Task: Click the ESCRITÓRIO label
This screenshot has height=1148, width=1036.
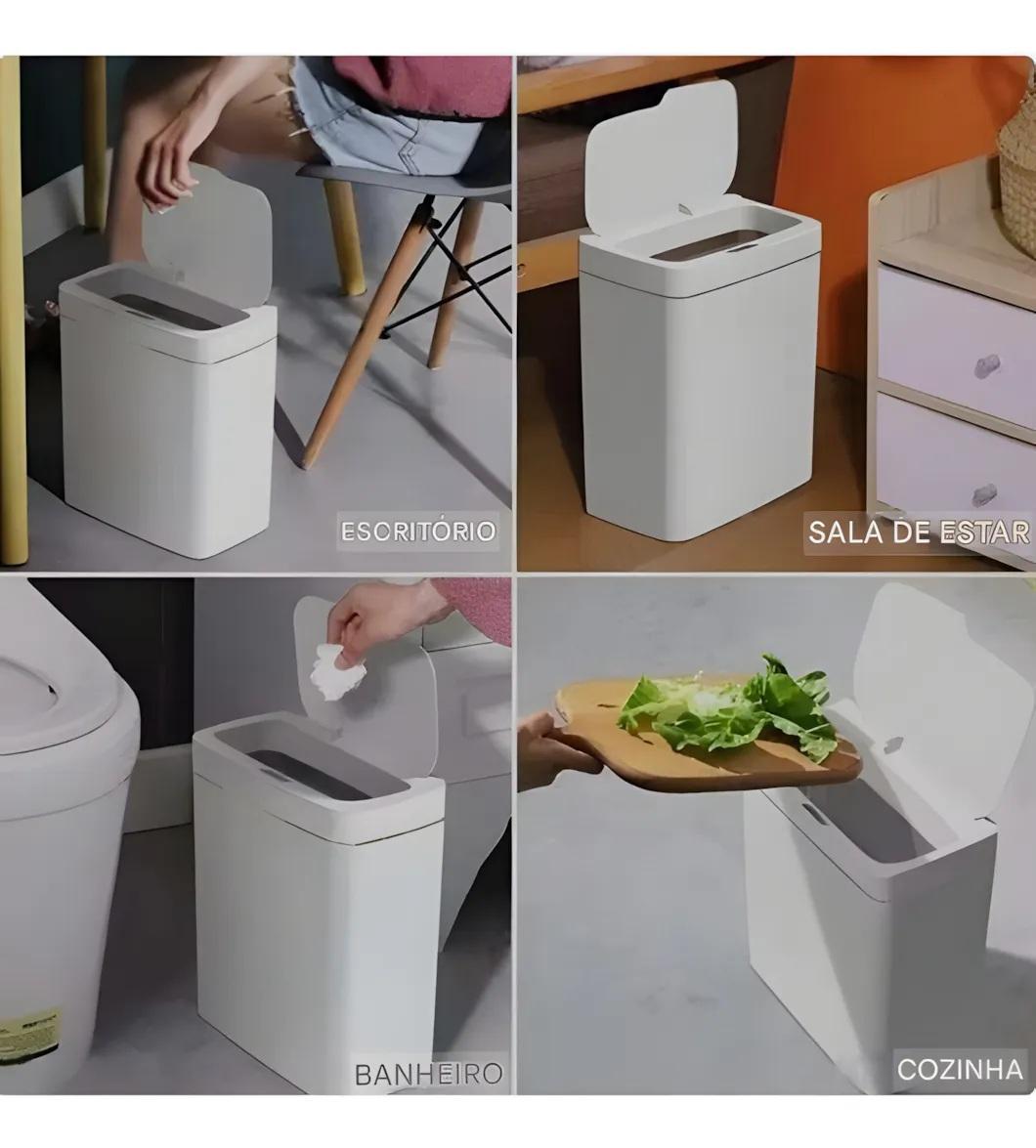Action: coord(418,531)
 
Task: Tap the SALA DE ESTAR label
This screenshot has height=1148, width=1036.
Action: coord(919,531)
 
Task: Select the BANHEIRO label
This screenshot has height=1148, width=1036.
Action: coord(428,1074)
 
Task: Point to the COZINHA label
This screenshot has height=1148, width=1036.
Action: coord(960,1069)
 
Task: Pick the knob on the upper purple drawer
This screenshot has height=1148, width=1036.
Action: coord(985,365)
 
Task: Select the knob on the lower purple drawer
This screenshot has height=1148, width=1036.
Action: coord(984,495)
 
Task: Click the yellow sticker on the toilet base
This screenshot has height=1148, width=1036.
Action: coord(30,1033)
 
